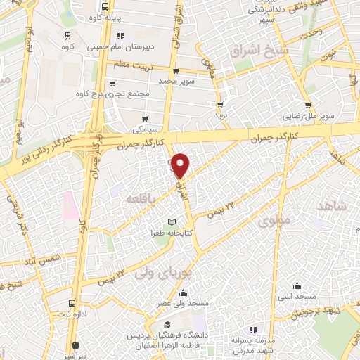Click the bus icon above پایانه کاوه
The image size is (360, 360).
[x=103, y=3]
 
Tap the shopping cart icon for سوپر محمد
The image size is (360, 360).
[x=176, y=71]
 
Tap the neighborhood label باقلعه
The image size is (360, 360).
[x=139, y=200]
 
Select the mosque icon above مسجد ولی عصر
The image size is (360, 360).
[x=183, y=292]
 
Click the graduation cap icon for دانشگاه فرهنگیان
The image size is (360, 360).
[x=167, y=324]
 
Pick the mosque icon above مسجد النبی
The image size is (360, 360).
[x=297, y=285]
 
